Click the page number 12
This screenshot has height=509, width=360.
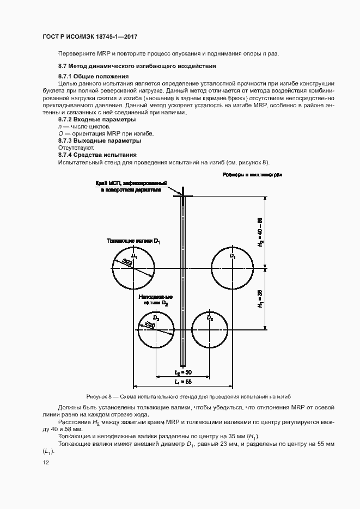[46, 463]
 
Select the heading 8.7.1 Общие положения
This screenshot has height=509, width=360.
[93, 76]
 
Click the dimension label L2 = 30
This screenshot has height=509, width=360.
[183, 372]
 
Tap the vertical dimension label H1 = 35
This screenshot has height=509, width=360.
[260, 299]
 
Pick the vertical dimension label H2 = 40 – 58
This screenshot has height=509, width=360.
[260, 233]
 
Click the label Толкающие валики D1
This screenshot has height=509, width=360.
[133, 240]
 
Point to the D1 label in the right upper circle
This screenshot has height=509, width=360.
[233, 255]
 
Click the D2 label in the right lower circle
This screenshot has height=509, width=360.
[211, 317]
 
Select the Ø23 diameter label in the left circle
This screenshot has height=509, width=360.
[129, 263]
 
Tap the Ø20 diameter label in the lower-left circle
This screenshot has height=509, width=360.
[150, 325]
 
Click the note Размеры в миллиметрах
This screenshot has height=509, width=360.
[252, 175]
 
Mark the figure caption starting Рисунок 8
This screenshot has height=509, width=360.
[192, 396]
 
